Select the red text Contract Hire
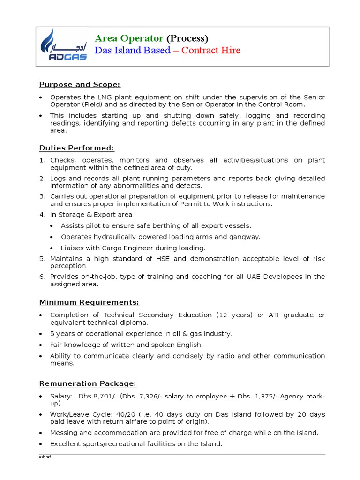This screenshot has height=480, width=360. coord(210,50)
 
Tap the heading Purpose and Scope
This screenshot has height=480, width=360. coord(79,84)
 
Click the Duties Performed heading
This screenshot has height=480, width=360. coord(76,148)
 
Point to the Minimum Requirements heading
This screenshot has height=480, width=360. coord(89,302)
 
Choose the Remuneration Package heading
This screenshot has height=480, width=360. coord(88,383)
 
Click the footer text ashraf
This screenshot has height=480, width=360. coord(44,457)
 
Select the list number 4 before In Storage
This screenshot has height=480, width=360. coord(42,214)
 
